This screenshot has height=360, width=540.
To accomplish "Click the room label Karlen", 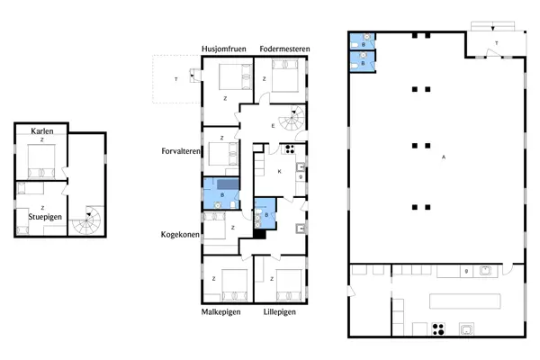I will [x=41, y=131].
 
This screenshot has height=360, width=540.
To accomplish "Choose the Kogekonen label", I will [x=179, y=234].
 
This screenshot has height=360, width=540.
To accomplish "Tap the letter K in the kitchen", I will [x=280, y=171].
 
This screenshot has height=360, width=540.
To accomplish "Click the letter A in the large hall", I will [x=444, y=158].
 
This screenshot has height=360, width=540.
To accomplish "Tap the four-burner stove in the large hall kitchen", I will [x=440, y=328].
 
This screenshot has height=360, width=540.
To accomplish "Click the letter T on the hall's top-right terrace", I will [x=496, y=41].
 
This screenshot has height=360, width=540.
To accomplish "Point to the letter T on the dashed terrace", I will [x=175, y=80].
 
